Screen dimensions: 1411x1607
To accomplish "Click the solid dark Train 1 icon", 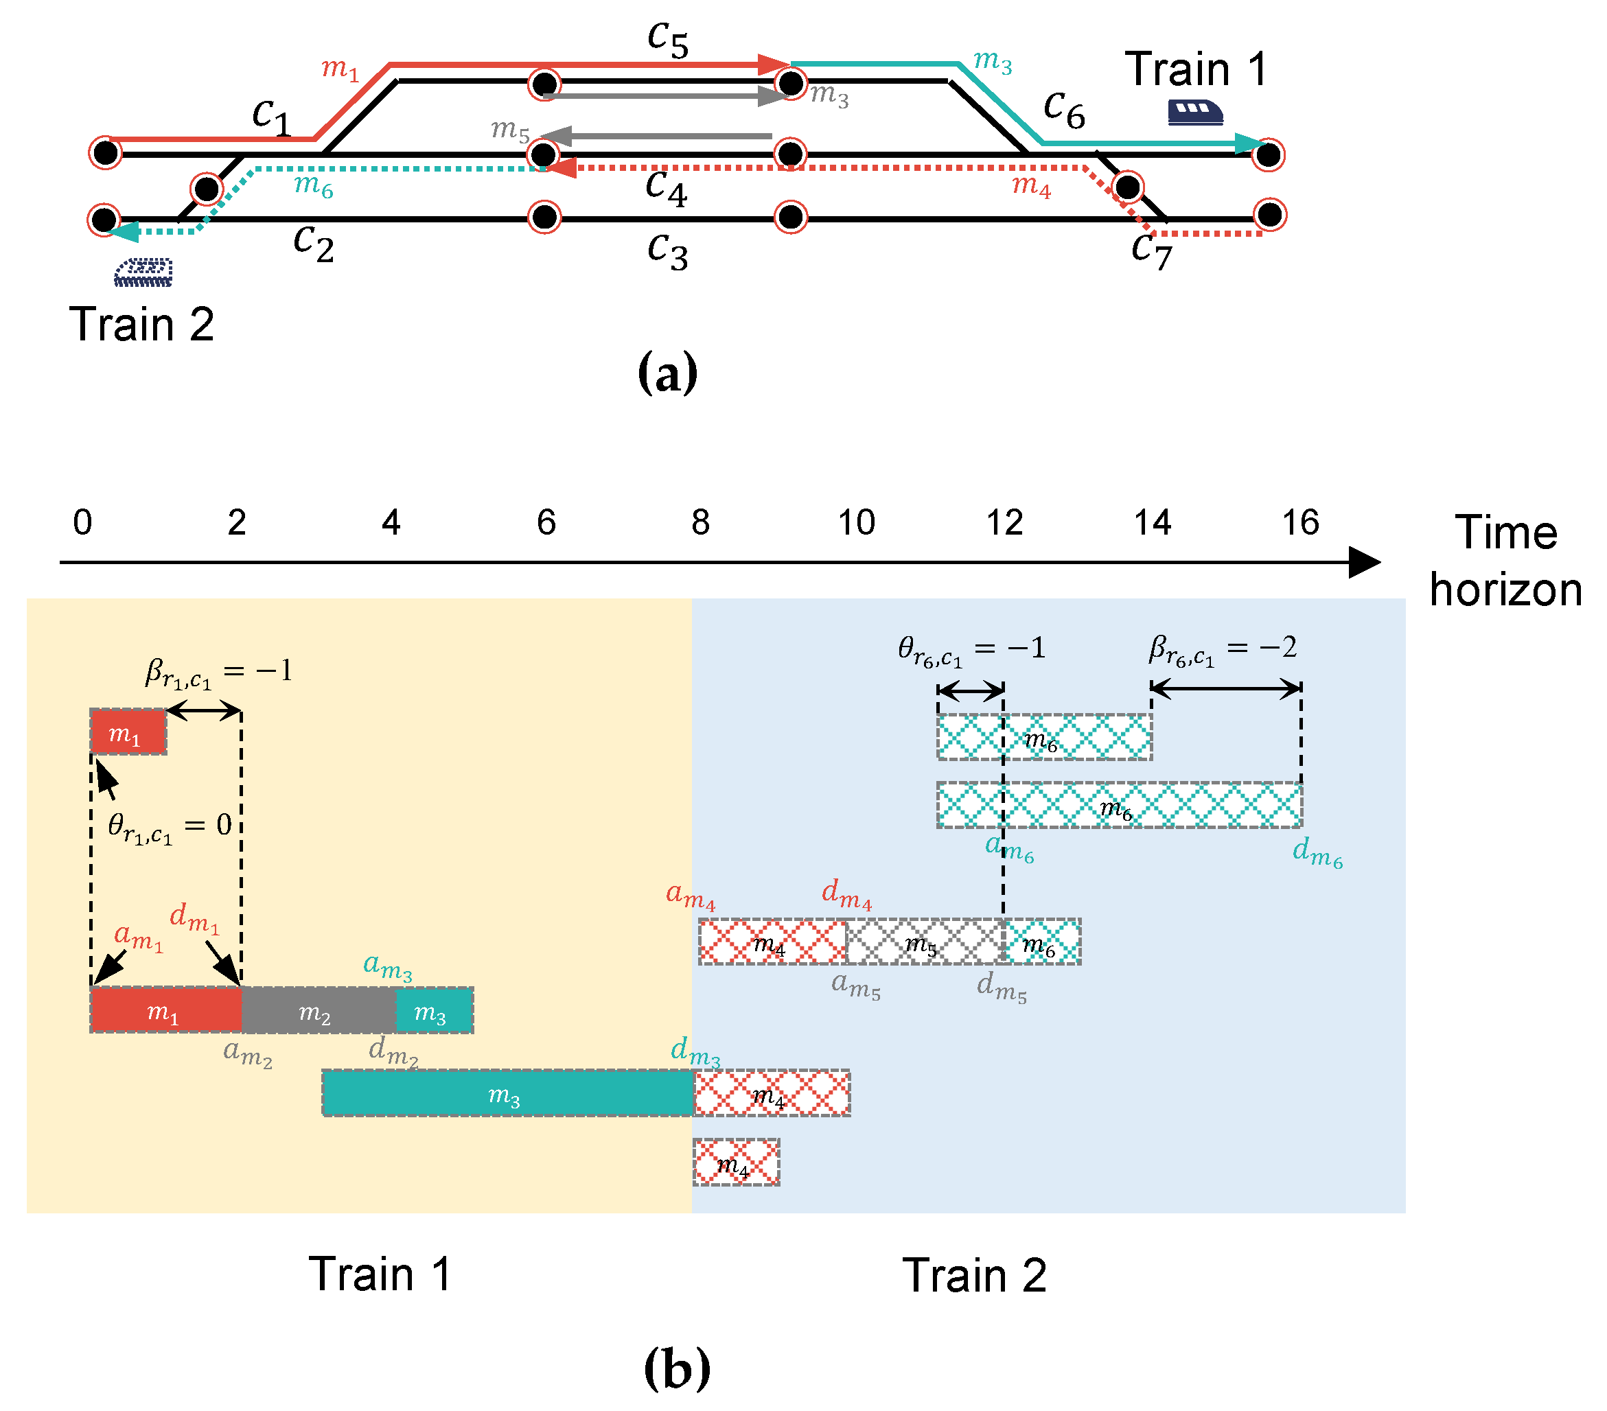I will click(x=1194, y=113).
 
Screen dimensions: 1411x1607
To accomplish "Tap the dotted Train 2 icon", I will click(x=143, y=272).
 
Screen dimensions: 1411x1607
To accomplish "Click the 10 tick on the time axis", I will click(x=855, y=523).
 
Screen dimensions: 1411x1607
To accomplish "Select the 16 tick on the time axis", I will click(x=1299, y=523).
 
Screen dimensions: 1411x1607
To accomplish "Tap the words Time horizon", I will click(x=1505, y=561).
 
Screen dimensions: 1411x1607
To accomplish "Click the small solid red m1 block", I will click(x=128, y=732).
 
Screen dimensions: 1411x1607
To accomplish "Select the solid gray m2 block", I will click(x=319, y=1010).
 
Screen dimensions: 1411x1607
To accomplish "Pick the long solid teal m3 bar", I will click(x=507, y=1093).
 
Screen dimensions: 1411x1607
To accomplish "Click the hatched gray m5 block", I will click(x=925, y=942).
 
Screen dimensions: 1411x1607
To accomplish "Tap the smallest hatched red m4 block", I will click(x=736, y=1162).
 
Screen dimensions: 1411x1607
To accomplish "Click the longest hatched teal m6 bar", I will click(x=1119, y=805).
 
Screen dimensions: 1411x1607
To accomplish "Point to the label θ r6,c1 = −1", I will click(x=972, y=651).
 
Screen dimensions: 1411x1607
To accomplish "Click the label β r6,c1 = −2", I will click(x=1223, y=650).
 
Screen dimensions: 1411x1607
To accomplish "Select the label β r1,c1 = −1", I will click(x=218, y=673).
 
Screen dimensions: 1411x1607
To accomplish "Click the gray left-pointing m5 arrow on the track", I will click(x=656, y=136).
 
